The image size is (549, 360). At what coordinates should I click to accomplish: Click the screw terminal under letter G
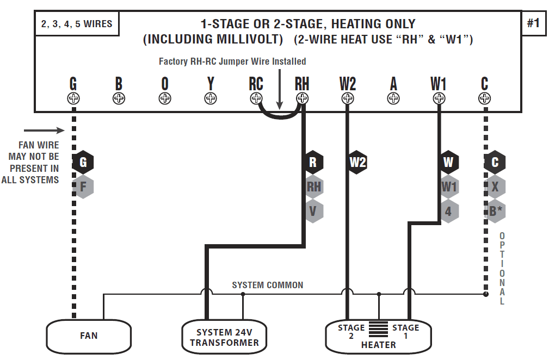click(x=73, y=98)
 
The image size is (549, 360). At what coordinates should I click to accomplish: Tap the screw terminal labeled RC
click(x=256, y=98)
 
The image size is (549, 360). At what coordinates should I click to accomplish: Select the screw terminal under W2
click(x=348, y=98)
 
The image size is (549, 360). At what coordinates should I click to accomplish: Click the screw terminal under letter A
click(x=393, y=98)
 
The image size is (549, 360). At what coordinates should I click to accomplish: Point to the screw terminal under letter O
click(x=165, y=98)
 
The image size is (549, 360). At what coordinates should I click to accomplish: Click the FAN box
click(x=89, y=336)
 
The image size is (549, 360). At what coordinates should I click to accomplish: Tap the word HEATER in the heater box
click(x=378, y=345)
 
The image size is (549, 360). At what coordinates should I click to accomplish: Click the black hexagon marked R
click(x=313, y=162)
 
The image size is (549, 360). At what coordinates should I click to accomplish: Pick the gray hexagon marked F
click(x=83, y=187)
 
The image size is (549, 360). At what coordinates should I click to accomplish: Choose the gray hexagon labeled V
click(x=313, y=211)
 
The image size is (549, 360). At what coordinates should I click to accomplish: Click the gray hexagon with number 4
click(x=448, y=211)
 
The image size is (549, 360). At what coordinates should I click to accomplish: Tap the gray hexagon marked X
click(x=495, y=187)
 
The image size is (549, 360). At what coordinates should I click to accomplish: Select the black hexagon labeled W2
click(x=357, y=162)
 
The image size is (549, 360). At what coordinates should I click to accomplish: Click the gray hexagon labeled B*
click(x=495, y=211)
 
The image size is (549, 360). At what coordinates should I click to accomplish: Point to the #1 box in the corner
click(x=533, y=23)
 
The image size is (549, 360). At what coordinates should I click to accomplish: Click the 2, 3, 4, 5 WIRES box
click(x=77, y=24)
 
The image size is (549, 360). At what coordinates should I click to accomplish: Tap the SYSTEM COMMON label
click(x=268, y=285)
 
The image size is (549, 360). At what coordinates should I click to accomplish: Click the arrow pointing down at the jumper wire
click(x=279, y=88)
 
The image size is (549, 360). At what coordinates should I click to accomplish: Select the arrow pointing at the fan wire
click(x=44, y=131)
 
